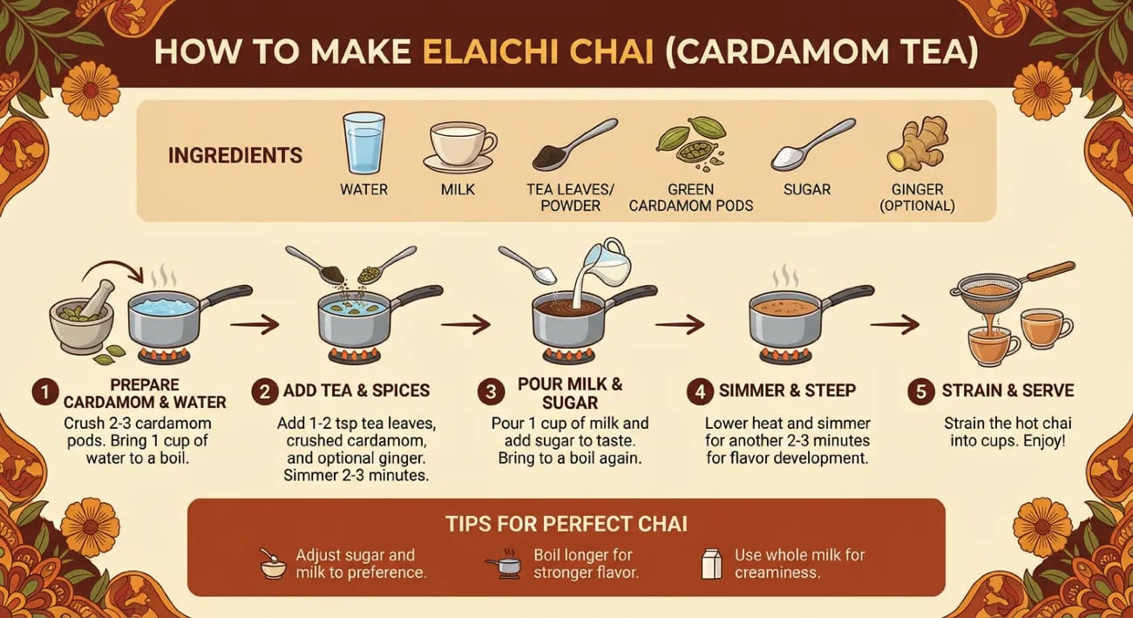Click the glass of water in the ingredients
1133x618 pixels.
(x=363, y=144)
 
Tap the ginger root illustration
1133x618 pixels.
(x=917, y=145)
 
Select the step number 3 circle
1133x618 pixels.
(x=491, y=392)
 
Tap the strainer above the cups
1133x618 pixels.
(x=1007, y=289)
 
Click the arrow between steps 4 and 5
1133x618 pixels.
(x=894, y=324)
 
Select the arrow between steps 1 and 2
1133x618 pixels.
(x=254, y=323)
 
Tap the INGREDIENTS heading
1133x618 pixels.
(x=235, y=156)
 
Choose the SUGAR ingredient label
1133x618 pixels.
(x=807, y=190)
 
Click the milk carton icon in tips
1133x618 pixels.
(x=712, y=564)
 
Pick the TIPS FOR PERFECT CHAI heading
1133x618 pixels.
(x=566, y=524)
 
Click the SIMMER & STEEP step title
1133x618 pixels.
(x=788, y=390)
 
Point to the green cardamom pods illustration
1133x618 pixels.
(x=691, y=144)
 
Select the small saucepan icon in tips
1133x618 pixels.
(x=505, y=564)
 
